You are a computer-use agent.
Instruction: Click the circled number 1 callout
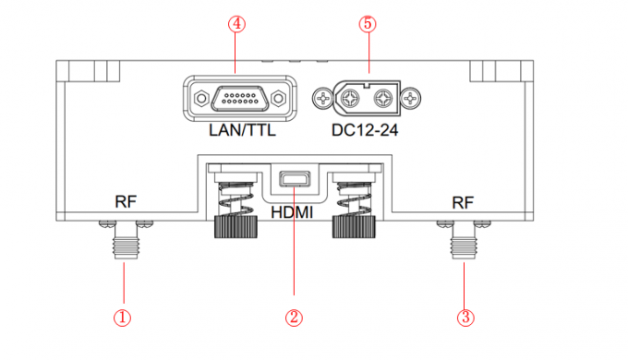tap(122, 318)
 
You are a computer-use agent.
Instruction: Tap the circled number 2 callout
tap(294, 318)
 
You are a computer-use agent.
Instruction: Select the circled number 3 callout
tap(465, 318)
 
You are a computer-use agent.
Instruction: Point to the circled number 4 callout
tap(236, 24)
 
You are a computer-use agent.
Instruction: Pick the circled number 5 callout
tap(368, 24)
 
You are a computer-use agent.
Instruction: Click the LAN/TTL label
tap(242, 130)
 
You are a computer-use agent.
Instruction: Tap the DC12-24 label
tap(365, 130)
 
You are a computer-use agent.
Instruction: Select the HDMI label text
tap(292, 212)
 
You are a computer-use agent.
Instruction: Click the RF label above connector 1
tap(126, 202)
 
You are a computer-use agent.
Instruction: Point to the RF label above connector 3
tap(463, 203)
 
